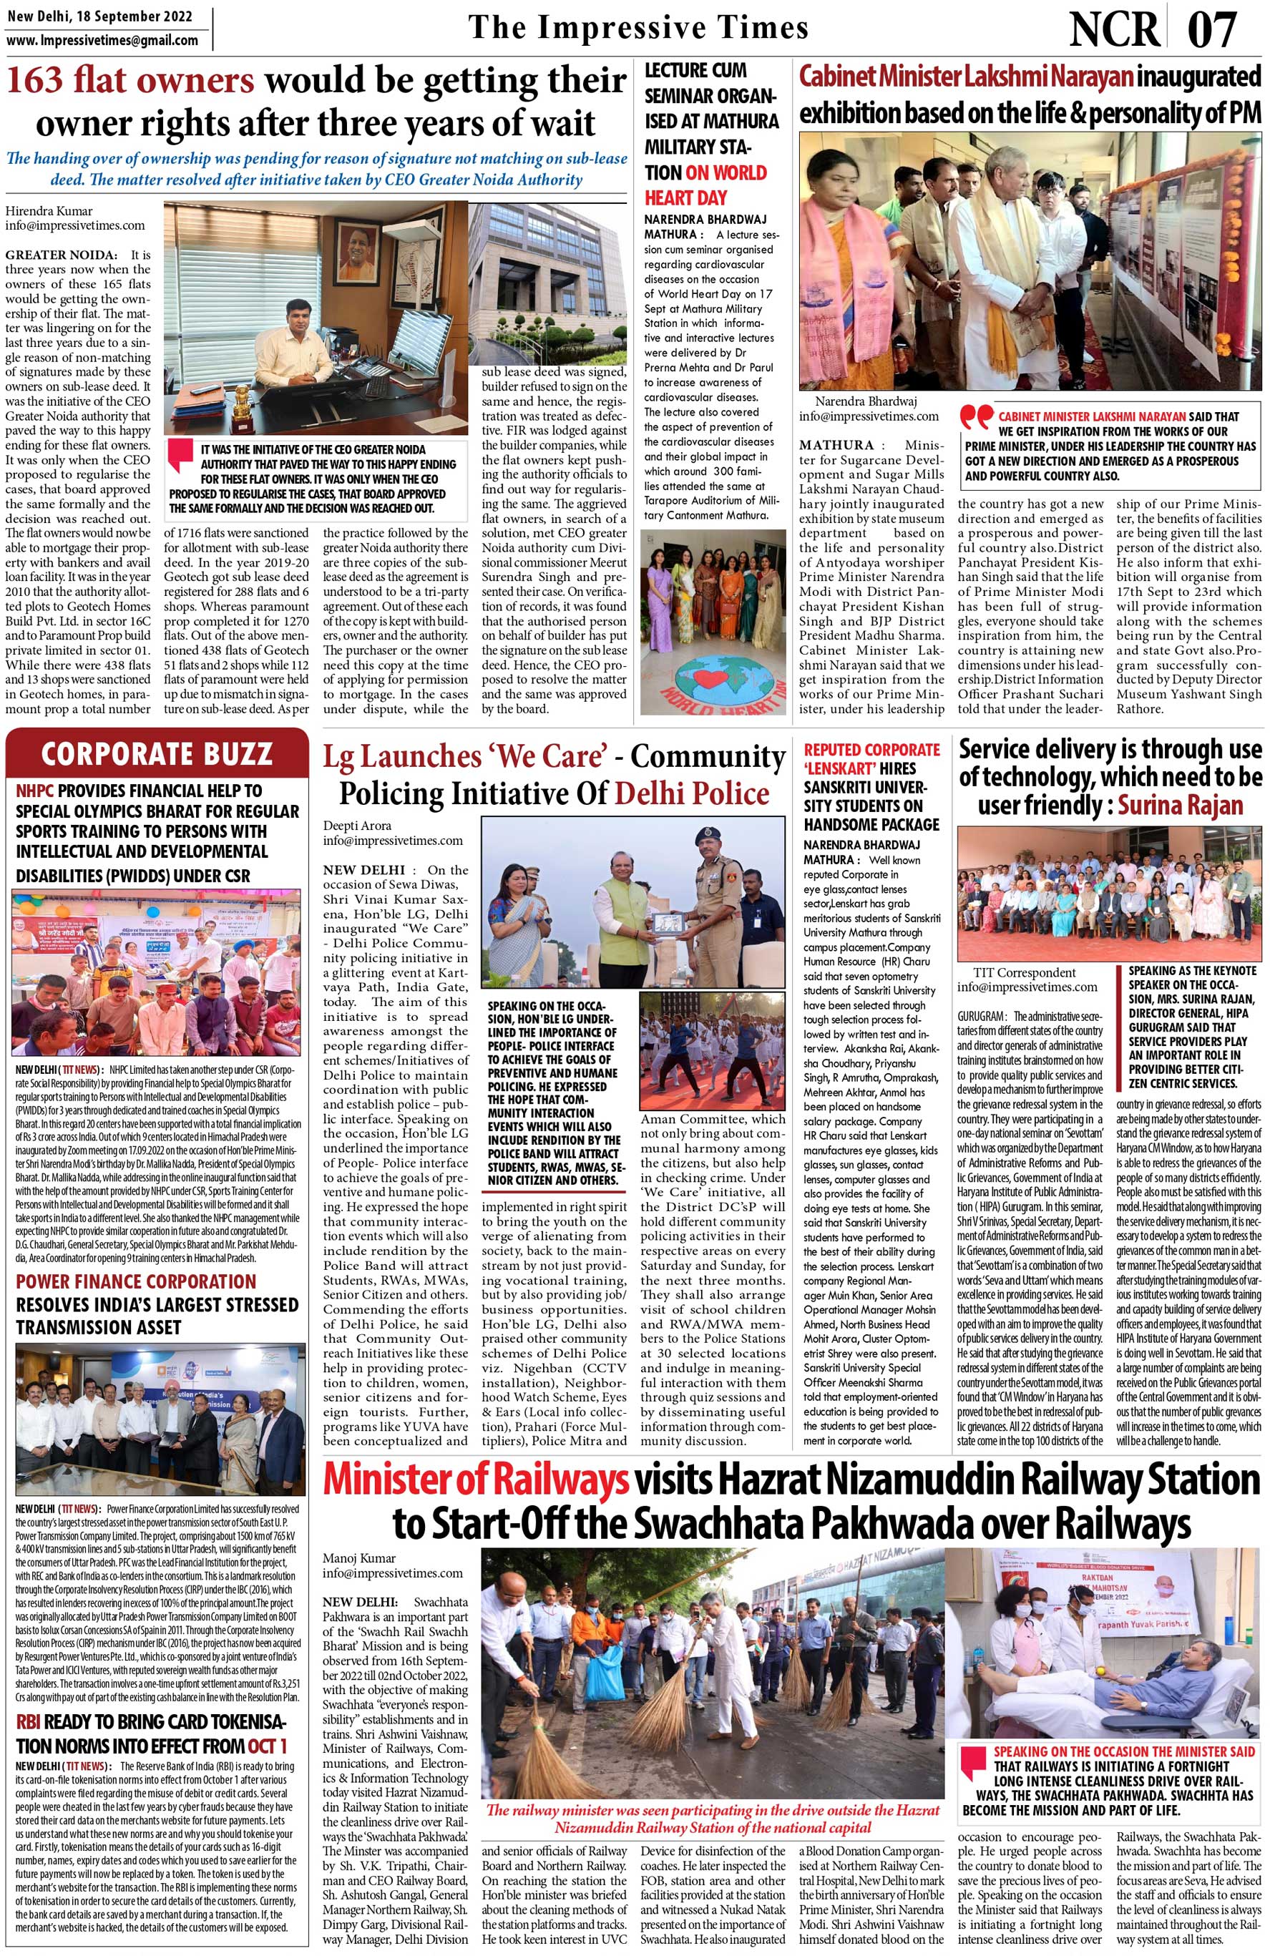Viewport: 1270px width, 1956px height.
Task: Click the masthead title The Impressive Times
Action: point(638,27)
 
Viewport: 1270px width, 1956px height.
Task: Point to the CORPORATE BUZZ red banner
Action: point(156,753)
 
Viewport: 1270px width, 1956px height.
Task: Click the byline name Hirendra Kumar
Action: point(49,210)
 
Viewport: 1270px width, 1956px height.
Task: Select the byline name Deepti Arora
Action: point(357,825)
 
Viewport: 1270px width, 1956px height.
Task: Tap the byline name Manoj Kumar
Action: point(359,1558)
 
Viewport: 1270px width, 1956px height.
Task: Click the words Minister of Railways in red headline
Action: point(476,1480)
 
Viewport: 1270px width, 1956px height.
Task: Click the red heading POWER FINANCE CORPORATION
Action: point(136,1281)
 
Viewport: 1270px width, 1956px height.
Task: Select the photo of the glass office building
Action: point(547,284)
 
